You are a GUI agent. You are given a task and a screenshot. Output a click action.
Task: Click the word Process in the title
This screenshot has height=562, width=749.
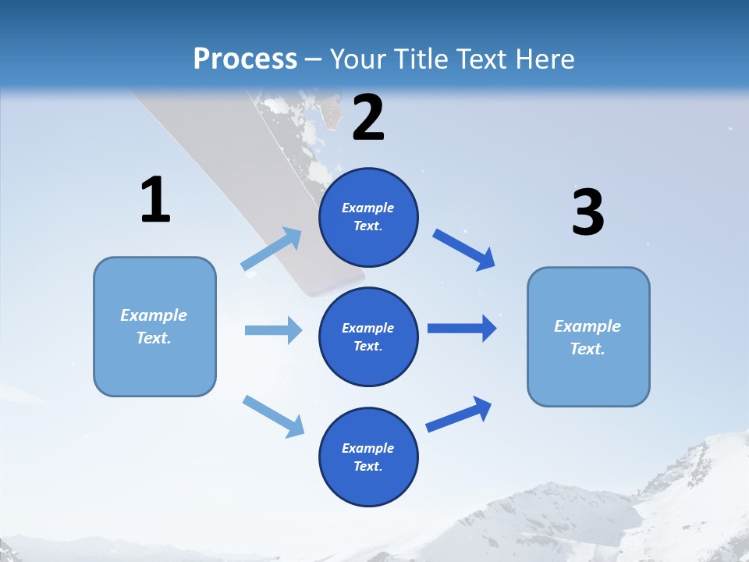pyautogui.click(x=245, y=59)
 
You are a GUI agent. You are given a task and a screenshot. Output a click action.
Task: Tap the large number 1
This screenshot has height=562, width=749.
pyautogui.click(x=155, y=201)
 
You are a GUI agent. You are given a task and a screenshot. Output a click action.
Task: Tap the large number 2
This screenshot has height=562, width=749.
pyautogui.click(x=368, y=118)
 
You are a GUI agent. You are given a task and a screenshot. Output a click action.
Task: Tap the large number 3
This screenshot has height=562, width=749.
pyautogui.click(x=587, y=212)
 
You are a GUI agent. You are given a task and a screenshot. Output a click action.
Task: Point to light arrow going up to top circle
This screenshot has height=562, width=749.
pyautogui.click(x=272, y=249)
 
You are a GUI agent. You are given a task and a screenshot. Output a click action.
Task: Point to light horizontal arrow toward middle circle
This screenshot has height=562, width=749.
pyautogui.click(x=273, y=330)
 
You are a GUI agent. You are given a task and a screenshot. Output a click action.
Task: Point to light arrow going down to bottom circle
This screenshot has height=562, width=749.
pyautogui.click(x=273, y=415)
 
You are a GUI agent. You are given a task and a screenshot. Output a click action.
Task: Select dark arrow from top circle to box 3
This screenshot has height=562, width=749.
pyautogui.click(x=463, y=249)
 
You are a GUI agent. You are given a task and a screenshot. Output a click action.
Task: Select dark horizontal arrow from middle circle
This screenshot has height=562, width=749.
pyautogui.click(x=462, y=328)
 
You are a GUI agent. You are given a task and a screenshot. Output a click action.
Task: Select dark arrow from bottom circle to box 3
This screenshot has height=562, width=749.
pyautogui.click(x=459, y=414)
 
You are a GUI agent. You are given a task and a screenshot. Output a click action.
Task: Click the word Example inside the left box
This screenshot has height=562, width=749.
pyautogui.click(x=154, y=315)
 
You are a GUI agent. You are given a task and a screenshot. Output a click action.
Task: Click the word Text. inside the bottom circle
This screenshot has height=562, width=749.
pyautogui.click(x=367, y=466)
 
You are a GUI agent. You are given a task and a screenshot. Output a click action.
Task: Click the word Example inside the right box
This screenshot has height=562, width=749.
pyautogui.click(x=587, y=326)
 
